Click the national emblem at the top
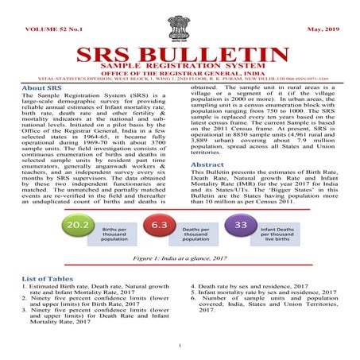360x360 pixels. (180, 22)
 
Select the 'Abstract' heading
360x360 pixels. (208, 165)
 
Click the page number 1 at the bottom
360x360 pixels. (180, 345)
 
